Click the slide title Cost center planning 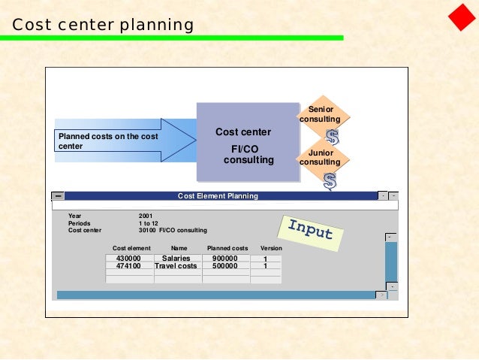pyautogui.click(x=103, y=26)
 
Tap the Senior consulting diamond pyautogui.click(x=320, y=115)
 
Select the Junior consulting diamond pyautogui.click(x=320, y=157)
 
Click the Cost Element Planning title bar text pyautogui.click(x=218, y=196)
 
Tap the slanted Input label pyautogui.click(x=310, y=231)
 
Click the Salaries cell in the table pyautogui.click(x=176, y=258)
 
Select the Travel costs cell pyautogui.click(x=176, y=266)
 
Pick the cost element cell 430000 pyautogui.click(x=128, y=258)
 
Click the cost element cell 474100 pyautogui.click(x=128, y=266)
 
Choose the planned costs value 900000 pyautogui.click(x=224, y=258)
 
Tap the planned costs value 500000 pyautogui.click(x=224, y=266)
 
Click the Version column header pyautogui.click(x=271, y=248)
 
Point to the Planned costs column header pyautogui.click(x=227, y=248)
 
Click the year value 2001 pyautogui.click(x=146, y=216)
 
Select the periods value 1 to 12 pyautogui.click(x=149, y=223)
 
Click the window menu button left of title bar pyautogui.click(x=58, y=197)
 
